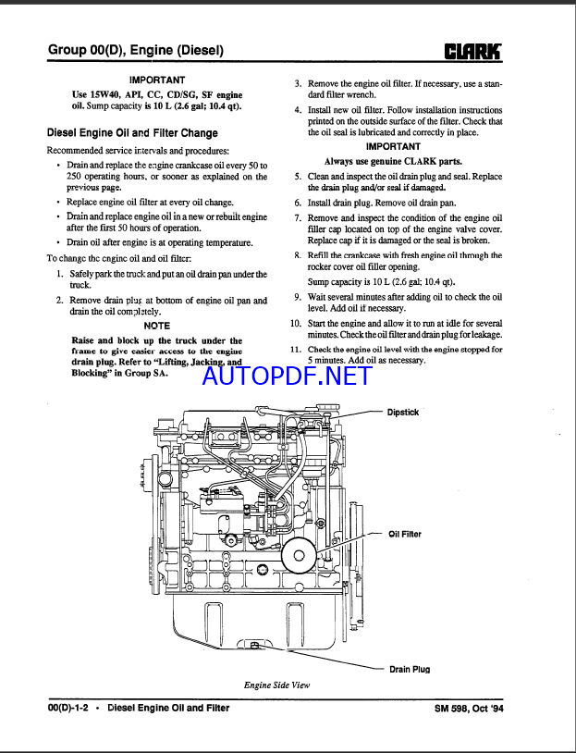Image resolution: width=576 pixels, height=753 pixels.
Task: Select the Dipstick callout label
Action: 403,413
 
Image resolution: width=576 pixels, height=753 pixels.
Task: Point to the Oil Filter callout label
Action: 405,534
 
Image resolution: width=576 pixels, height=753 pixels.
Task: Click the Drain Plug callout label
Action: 410,669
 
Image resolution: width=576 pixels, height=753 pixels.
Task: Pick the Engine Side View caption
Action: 277,685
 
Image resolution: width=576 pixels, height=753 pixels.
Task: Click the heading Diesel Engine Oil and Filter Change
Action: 132,133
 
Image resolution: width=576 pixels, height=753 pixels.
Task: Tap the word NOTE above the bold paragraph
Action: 157,326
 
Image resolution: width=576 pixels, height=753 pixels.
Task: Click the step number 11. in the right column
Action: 296,350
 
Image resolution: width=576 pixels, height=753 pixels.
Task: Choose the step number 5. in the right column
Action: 298,176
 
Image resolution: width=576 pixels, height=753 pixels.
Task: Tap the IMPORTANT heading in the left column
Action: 157,80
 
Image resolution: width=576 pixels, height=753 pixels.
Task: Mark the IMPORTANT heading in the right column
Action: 393,146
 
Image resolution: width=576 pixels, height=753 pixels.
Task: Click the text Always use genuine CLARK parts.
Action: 393,161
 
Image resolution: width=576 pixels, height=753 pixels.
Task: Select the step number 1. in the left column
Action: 59,274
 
